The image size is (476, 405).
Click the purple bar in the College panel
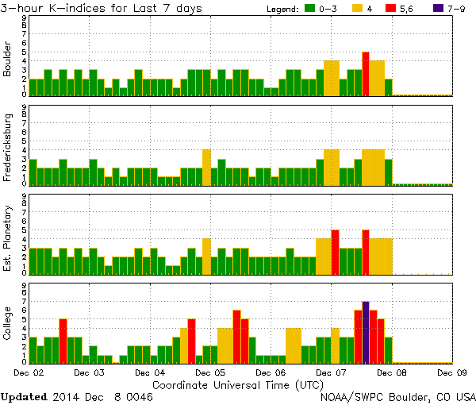tap(366, 332)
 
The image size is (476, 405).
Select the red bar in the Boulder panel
tap(366, 74)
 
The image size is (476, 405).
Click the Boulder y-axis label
tap(8, 60)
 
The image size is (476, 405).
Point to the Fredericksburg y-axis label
tap(8, 148)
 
